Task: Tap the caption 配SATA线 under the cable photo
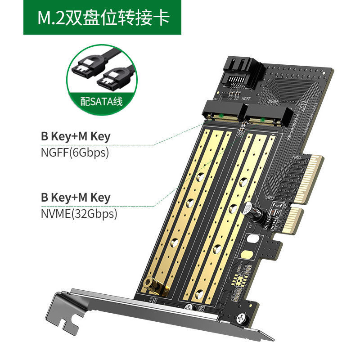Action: [x=101, y=101]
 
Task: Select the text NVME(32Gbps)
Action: [x=78, y=214]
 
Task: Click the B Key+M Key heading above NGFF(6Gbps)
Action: [x=75, y=136]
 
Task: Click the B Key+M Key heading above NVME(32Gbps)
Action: [x=75, y=198]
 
